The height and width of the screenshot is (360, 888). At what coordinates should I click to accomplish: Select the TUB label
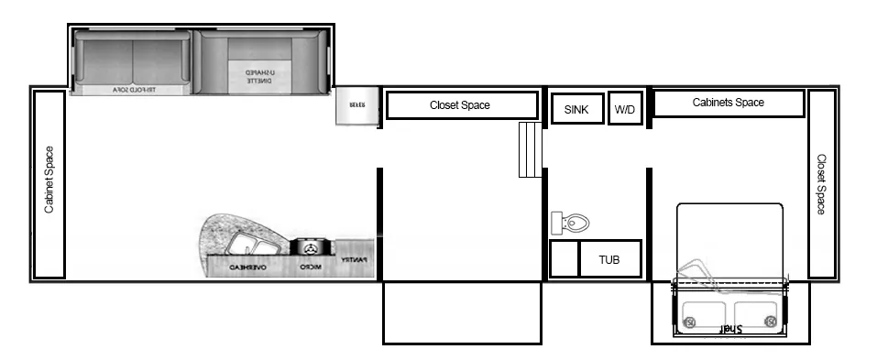(x=609, y=259)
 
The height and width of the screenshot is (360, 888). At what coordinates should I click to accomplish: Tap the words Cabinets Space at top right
(x=728, y=103)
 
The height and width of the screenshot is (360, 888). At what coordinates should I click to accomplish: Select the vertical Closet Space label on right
(x=821, y=184)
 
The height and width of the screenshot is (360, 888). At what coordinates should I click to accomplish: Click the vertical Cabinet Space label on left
(x=49, y=180)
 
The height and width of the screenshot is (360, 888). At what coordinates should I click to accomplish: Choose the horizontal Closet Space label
(x=460, y=105)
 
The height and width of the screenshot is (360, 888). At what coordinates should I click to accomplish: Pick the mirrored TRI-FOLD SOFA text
(x=134, y=90)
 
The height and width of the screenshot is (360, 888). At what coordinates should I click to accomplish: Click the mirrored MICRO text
(x=309, y=267)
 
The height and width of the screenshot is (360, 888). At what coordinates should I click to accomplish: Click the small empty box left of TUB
(x=564, y=259)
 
